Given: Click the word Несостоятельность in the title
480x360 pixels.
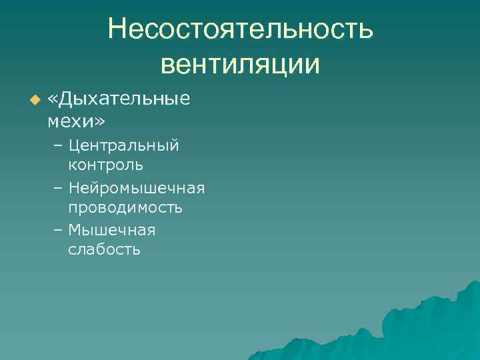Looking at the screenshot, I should click(x=241, y=29).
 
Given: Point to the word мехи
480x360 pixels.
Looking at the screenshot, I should click(x=71, y=121).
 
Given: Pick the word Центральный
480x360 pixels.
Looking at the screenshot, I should click(x=123, y=145).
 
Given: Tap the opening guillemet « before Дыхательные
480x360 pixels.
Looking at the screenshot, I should click(x=53, y=101).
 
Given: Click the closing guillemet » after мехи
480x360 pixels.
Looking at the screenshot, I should click(x=100, y=122).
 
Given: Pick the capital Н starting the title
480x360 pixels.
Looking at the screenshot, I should click(x=117, y=29).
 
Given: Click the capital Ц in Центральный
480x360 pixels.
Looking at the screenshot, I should click(x=73, y=145).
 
